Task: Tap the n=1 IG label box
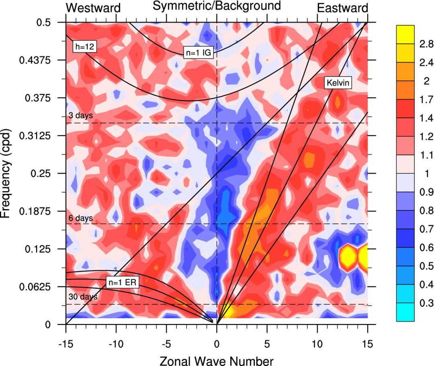(x=197, y=52)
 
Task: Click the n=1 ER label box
(x=122, y=282)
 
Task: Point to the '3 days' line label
(x=80, y=115)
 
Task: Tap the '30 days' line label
(x=82, y=297)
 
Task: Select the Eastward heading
(x=342, y=8)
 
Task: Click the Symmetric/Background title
(x=216, y=6)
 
